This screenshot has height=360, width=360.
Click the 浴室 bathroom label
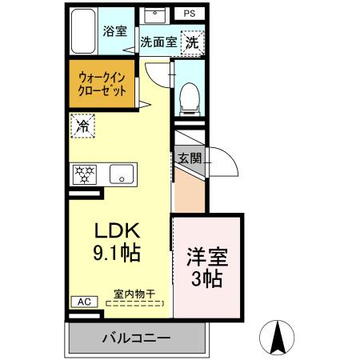tap(115, 32)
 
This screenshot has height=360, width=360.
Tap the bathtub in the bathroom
tap(83, 31)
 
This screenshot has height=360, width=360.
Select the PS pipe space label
tap(188, 14)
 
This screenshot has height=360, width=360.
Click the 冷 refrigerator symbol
tap(82, 125)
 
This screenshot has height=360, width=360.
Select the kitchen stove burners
tap(84, 173)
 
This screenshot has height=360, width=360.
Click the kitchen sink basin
tap(122, 173)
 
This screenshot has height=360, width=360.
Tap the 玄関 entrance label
tap(190, 157)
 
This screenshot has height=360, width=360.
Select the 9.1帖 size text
tap(118, 255)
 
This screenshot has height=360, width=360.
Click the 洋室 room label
tap(207, 258)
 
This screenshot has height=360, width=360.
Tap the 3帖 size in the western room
tap(207, 280)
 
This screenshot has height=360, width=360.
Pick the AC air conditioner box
tap(82, 302)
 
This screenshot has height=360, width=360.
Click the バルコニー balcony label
tap(135, 338)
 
